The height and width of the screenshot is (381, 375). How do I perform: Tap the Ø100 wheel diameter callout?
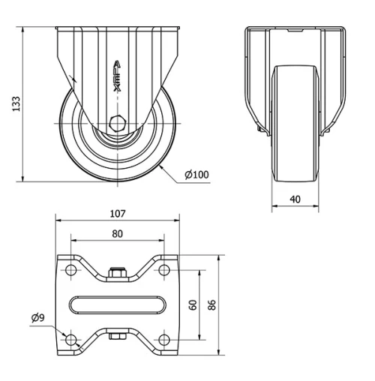(197, 175)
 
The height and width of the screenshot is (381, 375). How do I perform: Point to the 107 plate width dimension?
(118, 214)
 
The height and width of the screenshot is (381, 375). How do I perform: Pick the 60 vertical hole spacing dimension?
(193, 305)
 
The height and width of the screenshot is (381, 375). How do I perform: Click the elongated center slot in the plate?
(118, 304)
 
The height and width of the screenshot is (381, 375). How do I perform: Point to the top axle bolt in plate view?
(117, 274)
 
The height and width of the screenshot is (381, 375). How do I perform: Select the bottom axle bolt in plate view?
(117, 336)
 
